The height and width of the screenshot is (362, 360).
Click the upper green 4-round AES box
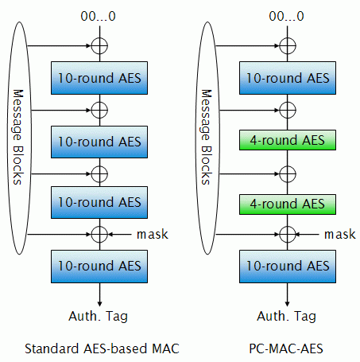click(x=288, y=140)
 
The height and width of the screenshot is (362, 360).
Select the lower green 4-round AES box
click(x=288, y=204)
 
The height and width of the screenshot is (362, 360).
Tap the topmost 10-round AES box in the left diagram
click(x=99, y=78)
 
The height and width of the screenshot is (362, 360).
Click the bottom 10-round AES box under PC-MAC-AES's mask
click(x=288, y=267)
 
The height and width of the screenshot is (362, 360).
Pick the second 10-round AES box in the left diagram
click(x=99, y=142)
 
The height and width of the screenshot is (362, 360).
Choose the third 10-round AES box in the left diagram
click(x=99, y=202)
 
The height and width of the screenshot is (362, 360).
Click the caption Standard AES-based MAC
click(x=102, y=348)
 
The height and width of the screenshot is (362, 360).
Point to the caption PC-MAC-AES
click(x=286, y=348)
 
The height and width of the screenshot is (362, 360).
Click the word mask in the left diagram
click(x=153, y=235)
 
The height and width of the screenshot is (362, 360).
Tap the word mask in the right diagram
click(x=340, y=235)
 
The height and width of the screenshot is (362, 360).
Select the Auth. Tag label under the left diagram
click(x=99, y=316)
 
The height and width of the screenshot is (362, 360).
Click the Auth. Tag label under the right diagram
click(x=286, y=316)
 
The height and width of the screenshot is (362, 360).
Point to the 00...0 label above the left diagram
click(x=98, y=16)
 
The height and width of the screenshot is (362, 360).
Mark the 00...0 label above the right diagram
click(x=286, y=16)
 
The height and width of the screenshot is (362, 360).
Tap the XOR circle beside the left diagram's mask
click(x=91, y=235)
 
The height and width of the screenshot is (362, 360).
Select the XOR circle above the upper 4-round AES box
click(x=280, y=110)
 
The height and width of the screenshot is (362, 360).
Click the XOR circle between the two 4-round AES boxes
click(x=280, y=174)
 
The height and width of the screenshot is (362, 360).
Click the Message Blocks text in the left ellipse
click(x=18, y=137)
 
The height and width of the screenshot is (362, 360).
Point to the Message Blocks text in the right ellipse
click(x=207, y=137)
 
